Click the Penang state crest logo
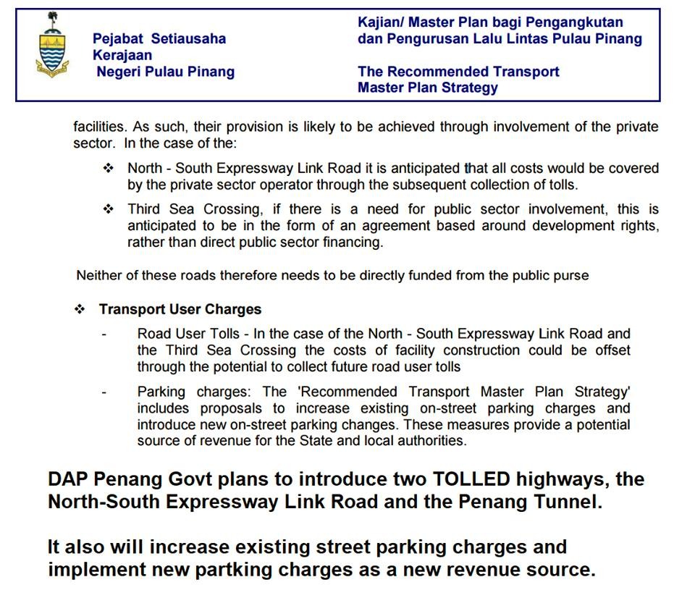point(52,46)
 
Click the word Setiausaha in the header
point(188,39)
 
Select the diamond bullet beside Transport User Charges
point(80,309)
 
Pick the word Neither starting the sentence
point(99,276)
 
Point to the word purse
point(571,276)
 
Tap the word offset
point(611,350)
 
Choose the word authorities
point(431,440)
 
